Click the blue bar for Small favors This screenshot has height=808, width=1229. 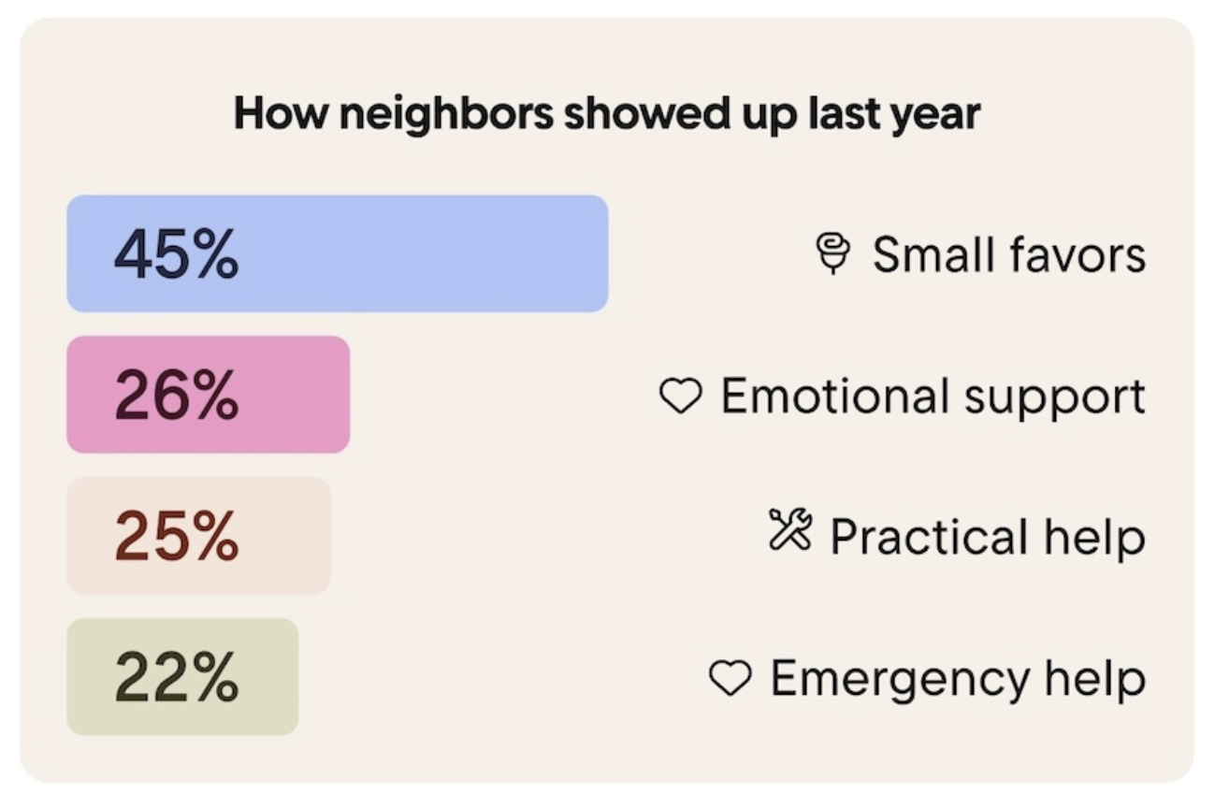click(338, 253)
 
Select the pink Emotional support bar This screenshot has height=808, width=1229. click(209, 395)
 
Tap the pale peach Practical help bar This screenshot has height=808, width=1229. click(198, 535)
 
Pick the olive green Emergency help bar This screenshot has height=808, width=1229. click(182, 676)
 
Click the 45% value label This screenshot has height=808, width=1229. click(177, 254)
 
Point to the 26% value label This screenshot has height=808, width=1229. click(177, 396)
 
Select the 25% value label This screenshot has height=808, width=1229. click(177, 536)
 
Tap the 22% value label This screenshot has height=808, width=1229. click(177, 677)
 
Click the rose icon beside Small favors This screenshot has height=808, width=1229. click(833, 253)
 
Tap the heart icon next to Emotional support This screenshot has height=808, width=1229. click(680, 396)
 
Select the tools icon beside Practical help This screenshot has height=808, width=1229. click(790, 529)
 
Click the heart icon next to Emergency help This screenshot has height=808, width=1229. click(730, 678)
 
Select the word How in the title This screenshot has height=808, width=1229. click(282, 113)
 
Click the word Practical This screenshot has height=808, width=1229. click(930, 536)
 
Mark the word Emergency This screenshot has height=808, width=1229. click(901, 680)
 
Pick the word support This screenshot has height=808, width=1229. click(1055, 398)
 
